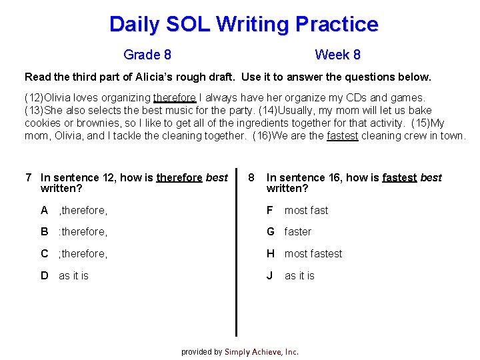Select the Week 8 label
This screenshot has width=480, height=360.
click(x=337, y=55)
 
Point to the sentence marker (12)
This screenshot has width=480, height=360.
click(x=35, y=97)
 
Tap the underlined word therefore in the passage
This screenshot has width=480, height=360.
click(x=174, y=97)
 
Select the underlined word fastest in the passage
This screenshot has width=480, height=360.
click(x=343, y=135)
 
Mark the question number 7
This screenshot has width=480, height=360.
click(x=28, y=177)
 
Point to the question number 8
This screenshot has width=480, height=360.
click(x=251, y=177)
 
